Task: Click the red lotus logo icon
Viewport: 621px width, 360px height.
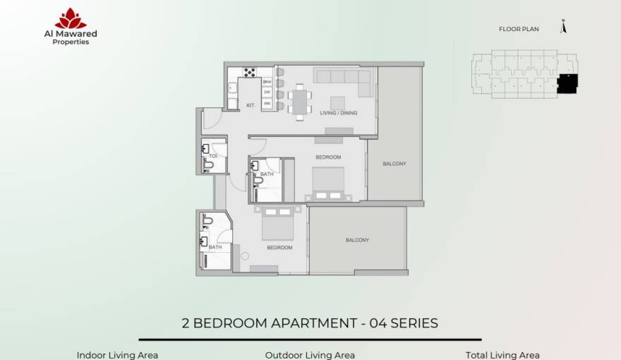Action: tap(71, 18)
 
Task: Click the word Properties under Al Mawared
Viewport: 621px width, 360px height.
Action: tap(71, 42)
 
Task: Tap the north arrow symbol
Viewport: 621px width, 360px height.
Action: tap(563, 27)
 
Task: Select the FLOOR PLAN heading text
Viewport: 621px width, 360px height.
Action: tap(519, 30)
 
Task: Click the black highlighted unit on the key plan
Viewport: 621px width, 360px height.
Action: tap(567, 83)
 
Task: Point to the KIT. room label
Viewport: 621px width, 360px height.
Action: tap(251, 105)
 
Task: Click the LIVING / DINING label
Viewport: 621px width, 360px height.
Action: tap(339, 112)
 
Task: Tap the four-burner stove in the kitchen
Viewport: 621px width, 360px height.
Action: tap(249, 71)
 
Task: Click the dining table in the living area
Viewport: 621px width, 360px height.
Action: tap(300, 102)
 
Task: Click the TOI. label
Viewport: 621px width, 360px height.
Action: tap(213, 155)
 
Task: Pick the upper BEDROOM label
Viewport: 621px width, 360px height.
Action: tap(328, 157)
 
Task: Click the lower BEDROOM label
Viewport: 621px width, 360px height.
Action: tap(279, 248)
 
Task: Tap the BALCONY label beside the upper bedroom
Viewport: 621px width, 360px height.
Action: tap(394, 164)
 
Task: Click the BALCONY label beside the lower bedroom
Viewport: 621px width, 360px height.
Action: tap(357, 240)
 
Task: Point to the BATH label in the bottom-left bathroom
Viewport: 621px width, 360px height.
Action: tap(215, 247)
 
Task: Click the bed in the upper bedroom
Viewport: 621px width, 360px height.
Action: tap(328, 181)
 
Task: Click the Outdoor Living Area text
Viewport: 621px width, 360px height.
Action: tap(310, 355)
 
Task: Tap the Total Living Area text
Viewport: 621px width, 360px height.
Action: tap(502, 355)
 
